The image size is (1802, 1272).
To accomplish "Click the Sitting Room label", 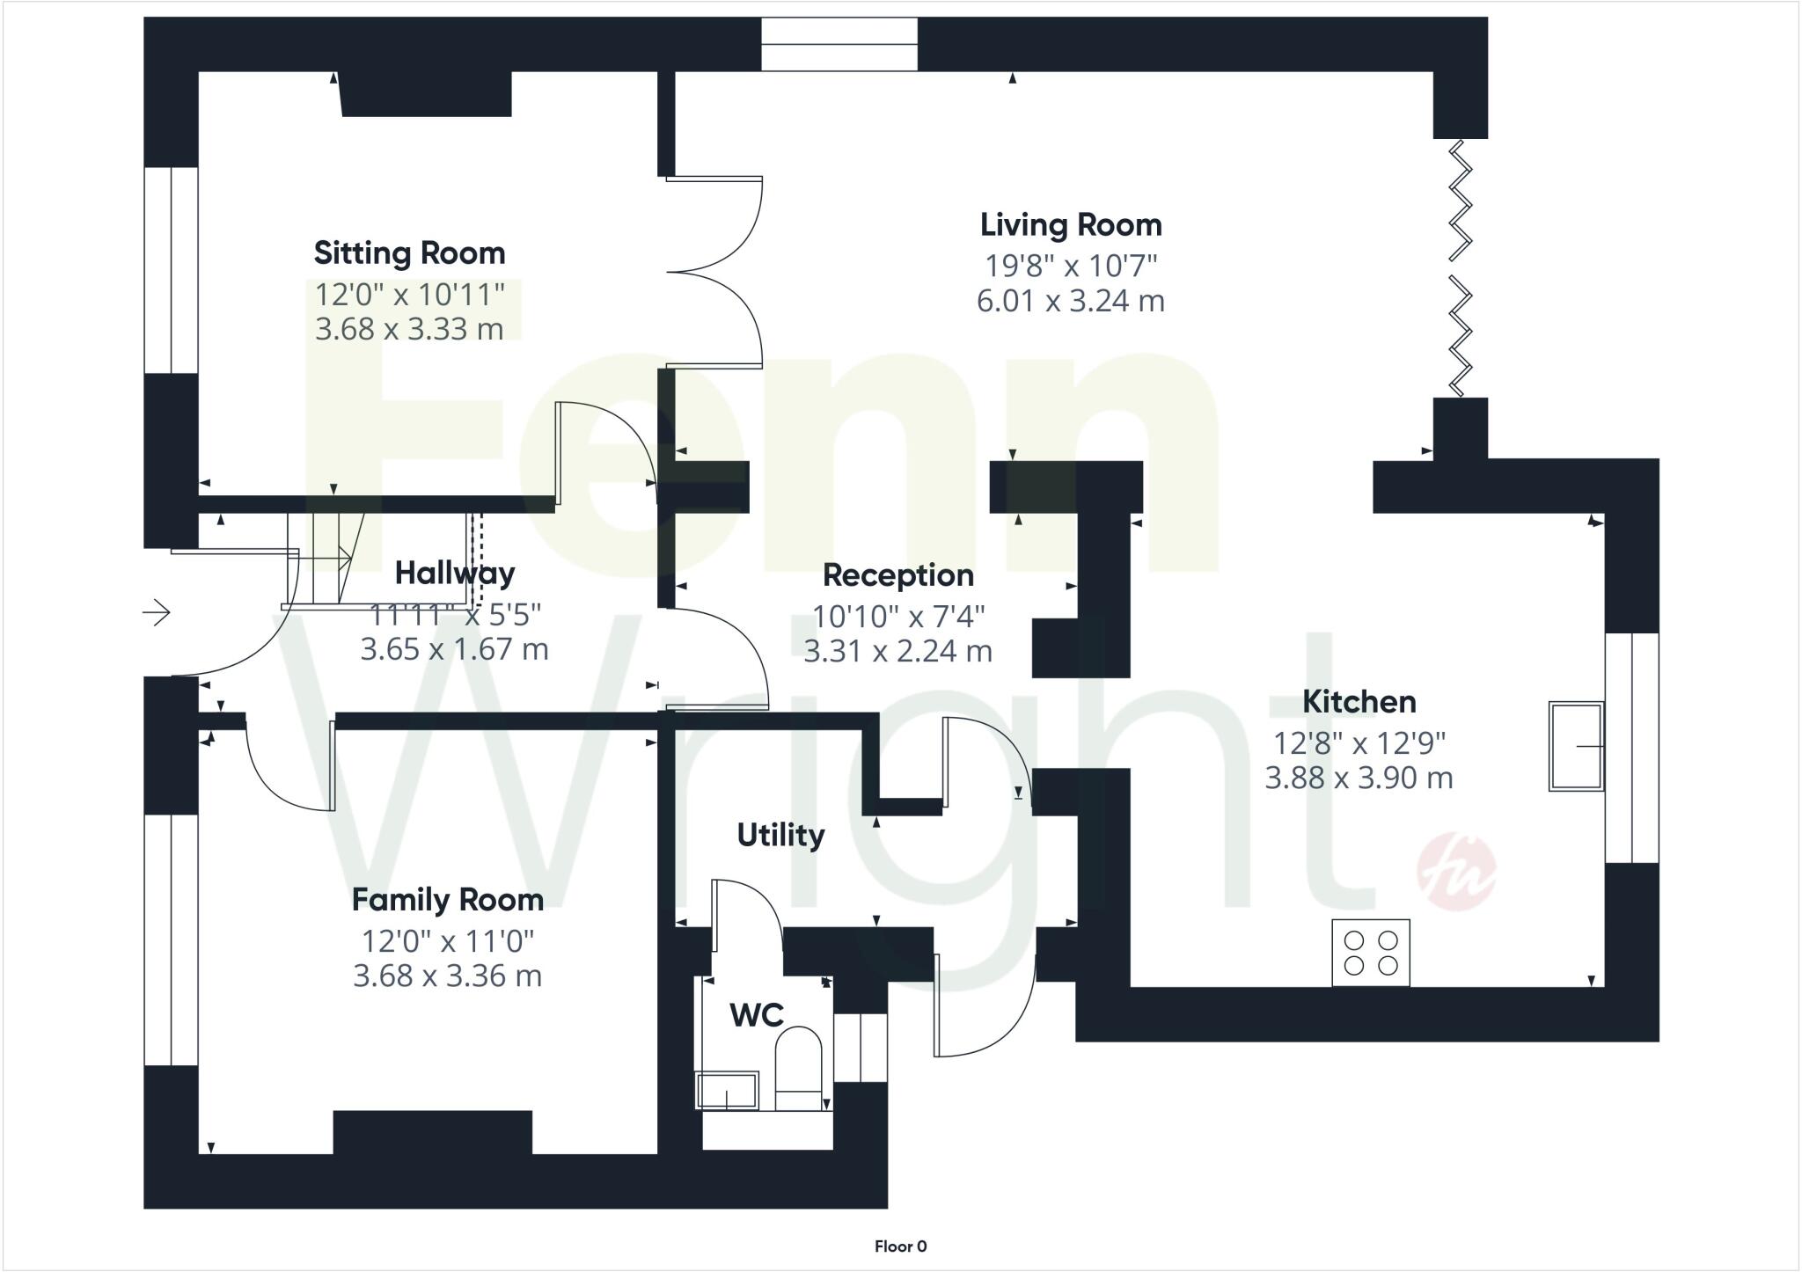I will point(409,253).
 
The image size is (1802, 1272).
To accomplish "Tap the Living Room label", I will point(1071,225).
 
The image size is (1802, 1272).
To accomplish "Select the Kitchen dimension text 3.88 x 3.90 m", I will point(1359,778).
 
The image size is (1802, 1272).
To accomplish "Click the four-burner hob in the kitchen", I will point(1370,953).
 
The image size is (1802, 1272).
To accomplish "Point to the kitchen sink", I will point(1575,746).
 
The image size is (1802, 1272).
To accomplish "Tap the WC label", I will point(756,1015).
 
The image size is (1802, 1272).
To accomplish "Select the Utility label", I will point(780,835).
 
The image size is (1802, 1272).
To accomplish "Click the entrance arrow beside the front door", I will point(157,611).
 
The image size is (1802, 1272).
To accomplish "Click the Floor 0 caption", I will point(900,1246).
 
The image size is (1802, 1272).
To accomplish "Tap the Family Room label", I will point(447,900).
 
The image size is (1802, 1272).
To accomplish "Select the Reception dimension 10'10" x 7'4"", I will point(897,617).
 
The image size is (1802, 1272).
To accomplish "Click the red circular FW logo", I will point(1455,871).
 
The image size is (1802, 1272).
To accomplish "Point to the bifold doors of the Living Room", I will point(1461,268).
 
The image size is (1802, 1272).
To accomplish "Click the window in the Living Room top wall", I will point(839,44).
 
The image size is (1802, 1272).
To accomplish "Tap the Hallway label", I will point(455,574).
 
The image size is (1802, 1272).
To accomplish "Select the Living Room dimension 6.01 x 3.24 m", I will point(1071,301).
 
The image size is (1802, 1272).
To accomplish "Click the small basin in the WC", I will point(727,1091).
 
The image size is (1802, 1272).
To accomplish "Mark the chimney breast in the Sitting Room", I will point(426,93).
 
